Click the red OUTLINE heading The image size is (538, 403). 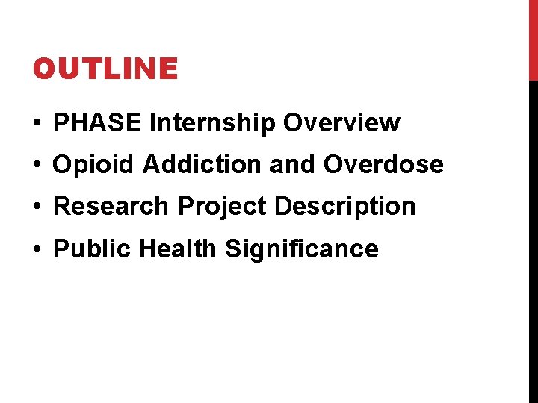(x=105, y=69)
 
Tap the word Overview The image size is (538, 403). (x=341, y=122)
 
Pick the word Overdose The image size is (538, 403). (x=383, y=164)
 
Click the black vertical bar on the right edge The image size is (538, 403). (x=533, y=239)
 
